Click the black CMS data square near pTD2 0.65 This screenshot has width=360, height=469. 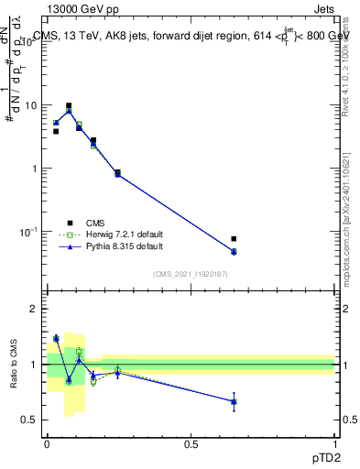coord(234,239)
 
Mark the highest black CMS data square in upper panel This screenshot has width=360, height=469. coord(69,106)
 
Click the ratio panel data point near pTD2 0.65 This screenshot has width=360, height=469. coord(234,401)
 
